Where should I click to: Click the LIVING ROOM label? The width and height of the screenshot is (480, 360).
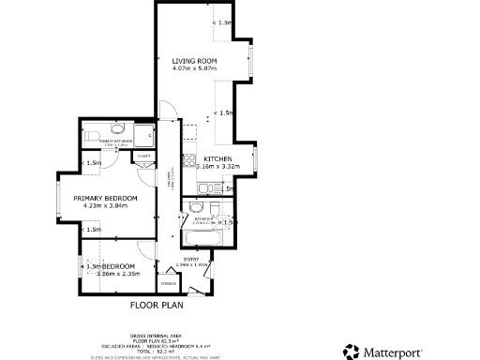point(194,61)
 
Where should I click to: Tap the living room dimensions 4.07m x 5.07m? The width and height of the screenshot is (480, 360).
point(194,69)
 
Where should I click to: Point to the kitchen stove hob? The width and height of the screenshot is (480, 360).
point(188,159)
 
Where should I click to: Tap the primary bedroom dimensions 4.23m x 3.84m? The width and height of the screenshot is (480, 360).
point(111,206)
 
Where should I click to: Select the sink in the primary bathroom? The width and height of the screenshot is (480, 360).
point(118,129)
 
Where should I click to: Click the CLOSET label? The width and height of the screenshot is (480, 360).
point(144,156)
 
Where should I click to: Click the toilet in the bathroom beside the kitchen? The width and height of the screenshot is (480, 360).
point(193,206)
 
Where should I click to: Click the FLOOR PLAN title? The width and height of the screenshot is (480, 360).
point(156,305)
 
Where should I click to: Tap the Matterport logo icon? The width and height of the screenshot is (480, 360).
point(351,351)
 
